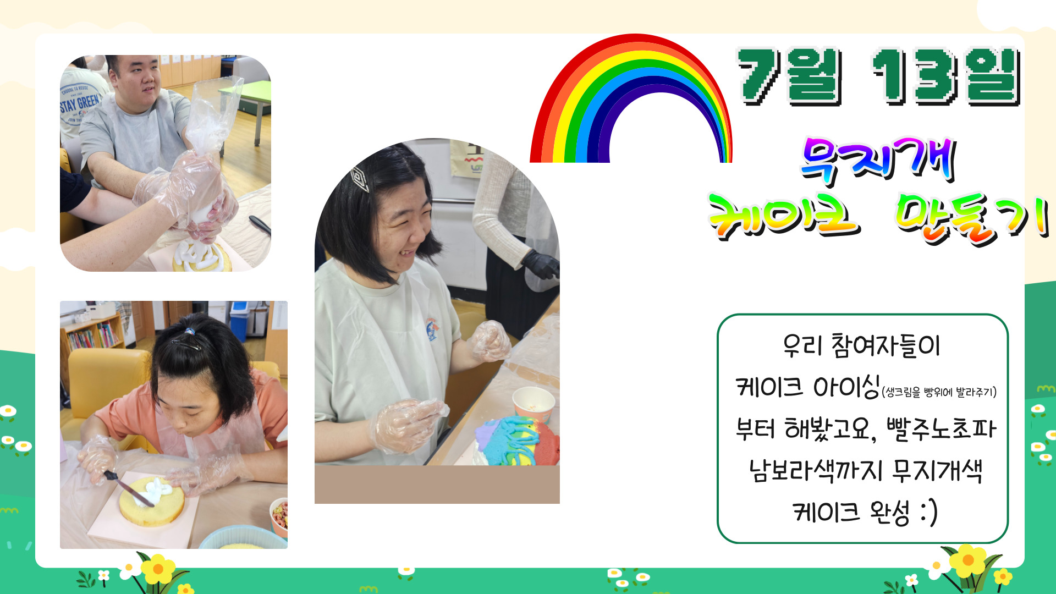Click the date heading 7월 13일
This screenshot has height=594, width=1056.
point(878,77)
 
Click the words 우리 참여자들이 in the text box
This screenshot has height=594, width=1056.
point(862,345)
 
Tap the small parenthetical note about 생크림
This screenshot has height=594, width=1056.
point(939,392)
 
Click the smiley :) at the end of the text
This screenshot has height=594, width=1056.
point(928,512)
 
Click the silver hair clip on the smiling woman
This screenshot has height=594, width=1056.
point(359,178)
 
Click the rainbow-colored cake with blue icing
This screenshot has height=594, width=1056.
point(517,441)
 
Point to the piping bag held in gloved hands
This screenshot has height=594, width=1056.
point(212,132)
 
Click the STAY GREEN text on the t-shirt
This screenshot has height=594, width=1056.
point(80,103)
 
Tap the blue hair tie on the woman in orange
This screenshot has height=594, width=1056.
point(190,332)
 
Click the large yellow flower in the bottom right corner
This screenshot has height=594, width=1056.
point(969,560)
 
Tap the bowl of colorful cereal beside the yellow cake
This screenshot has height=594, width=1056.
point(280,516)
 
